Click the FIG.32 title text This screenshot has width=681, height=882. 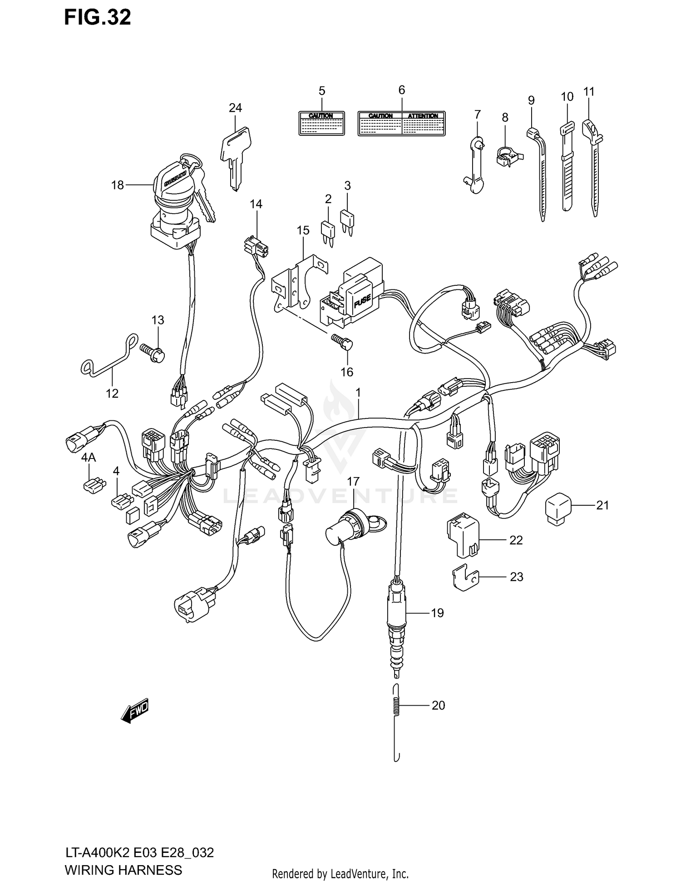97,17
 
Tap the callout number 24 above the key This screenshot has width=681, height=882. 235,108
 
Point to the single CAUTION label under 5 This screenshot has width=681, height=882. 321,123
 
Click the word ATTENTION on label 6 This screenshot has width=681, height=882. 422,116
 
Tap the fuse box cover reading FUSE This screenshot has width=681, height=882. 362,300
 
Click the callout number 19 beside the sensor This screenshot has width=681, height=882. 437,613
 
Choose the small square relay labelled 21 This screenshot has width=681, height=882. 558,508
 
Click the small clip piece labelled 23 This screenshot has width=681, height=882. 464,577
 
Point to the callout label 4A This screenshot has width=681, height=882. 89,458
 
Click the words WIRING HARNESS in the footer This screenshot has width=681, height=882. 123,870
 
